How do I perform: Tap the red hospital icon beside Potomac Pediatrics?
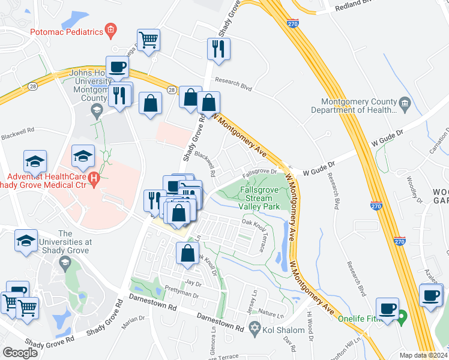coord(110,29)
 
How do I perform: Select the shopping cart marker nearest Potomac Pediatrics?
coord(148,41)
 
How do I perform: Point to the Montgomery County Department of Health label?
coord(354,106)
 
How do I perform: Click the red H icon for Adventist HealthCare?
coord(93,178)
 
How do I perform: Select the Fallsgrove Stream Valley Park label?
coord(260,197)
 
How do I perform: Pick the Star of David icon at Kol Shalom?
coord(255,328)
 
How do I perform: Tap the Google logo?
coord(20,353)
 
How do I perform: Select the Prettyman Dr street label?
coord(181,295)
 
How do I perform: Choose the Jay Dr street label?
coord(193,282)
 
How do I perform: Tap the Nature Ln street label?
coord(271,314)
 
